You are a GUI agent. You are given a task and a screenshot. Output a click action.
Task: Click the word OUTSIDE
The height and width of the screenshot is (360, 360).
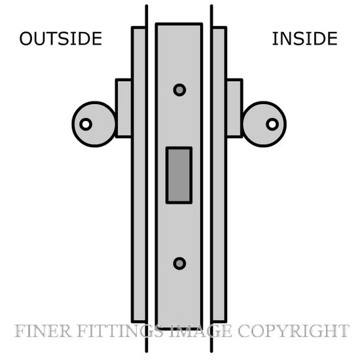pyautogui.click(x=61, y=39)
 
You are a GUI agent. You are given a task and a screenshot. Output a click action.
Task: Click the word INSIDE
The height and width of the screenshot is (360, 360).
pyautogui.click(x=305, y=39)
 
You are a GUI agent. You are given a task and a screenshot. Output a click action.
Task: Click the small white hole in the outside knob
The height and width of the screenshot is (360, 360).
pyautogui.click(x=86, y=124)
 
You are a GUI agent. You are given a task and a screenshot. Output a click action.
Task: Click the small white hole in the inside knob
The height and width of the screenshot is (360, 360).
pyautogui.click(x=272, y=124)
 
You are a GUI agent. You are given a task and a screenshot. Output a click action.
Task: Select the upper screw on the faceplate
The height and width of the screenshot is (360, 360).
pyautogui.click(x=179, y=90)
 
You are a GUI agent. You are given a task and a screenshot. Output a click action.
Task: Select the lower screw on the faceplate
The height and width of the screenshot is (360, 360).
pyautogui.click(x=179, y=263)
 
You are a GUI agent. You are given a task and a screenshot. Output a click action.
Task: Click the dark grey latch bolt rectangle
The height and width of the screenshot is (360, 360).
pyautogui.click(x=179, y=175)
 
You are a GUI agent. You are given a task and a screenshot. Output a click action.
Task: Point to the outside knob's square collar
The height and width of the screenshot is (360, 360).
pyautogui.click(x=124, y=108)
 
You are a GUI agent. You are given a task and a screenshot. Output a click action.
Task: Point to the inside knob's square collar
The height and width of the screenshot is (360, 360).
pyautogui.click(x=234, y=108)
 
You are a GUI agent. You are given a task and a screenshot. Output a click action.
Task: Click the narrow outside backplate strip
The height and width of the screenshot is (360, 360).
pyautogui.click(x=139, y=175)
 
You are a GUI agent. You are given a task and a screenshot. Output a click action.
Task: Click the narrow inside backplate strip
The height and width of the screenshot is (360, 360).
pyautogui.click(x=219, y=175)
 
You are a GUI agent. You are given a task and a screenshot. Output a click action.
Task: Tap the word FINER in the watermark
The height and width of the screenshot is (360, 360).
pyautogui.click(x=43, y=331)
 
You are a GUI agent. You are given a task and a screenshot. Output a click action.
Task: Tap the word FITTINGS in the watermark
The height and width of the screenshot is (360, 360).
pyautogui.click(x=122, y=331)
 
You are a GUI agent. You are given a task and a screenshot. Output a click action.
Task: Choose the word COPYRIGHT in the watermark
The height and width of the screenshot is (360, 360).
pyautogui.click(x=294, y=331)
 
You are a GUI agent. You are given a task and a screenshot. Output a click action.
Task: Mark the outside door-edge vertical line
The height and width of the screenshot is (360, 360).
pyautogui.click(x=147, y=179)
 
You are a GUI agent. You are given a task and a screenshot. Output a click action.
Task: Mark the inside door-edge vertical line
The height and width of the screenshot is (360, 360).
pyautogui.click(x=211, y=179)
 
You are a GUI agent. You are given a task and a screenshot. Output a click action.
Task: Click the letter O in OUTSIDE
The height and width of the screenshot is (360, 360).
pyautogui.click(x=26, y=39)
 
